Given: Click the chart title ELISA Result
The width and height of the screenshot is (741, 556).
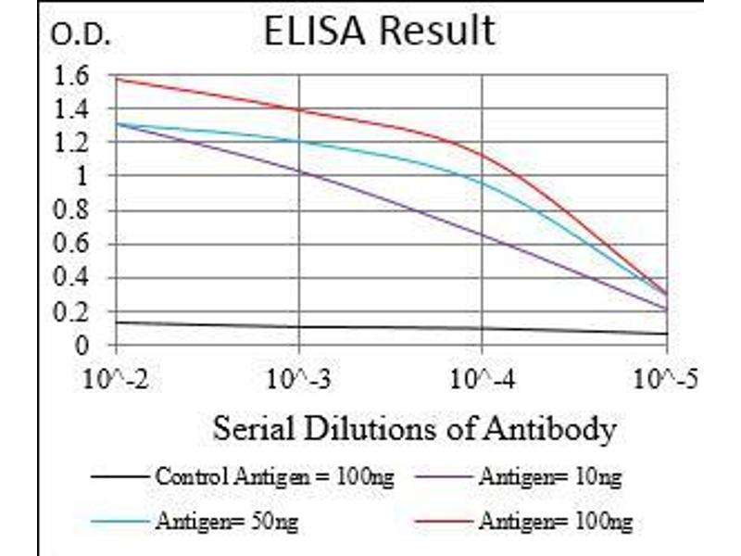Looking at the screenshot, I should pyautogui.click(x=379, y=32).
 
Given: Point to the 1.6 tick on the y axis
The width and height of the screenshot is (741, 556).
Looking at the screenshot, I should pyautogui.click(x=74, y=76).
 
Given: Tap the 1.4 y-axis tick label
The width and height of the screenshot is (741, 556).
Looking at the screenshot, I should pyautogui.click(x=74, y=110).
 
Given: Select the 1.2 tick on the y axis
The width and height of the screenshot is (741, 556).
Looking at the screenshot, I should pyautogui.click(x=74, y=144).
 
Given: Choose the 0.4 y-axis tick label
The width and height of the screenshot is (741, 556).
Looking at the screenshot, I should pyautogui.click(x=74, y=279).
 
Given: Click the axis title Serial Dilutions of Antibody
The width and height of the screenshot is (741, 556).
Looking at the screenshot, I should pyautogui.click(x=414, y=429).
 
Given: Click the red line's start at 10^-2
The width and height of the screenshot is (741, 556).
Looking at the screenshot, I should pyautogui.click(x=118, y=79).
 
